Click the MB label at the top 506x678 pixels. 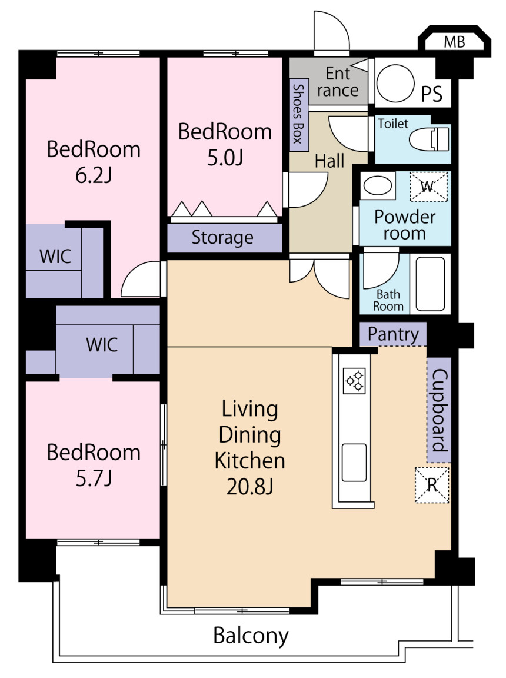pyautogui.click(x=455, y=42)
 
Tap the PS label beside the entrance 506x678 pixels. pyautogui.click(x=432, y=94)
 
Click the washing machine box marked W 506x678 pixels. pyautogui.click(x=428, y=187)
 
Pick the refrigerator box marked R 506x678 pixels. pyautogui.click(x=432, y=485)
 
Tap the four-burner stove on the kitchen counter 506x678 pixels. pyautogui.click(x=354, y=381)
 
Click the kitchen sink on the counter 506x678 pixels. pyautogui.click(x=354, y=462)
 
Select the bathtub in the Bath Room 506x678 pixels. pyautogui.click(x=430, y=284)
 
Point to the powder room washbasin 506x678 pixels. pyautogui.click(x=378, y=186)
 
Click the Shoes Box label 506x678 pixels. pyautogui.click(x=298, y=114)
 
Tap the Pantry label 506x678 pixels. pyautogui.click(x=393, y=334)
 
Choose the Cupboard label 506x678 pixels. pyautogui.click(x=439, y=410)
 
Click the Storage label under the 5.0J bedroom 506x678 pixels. pyautogui.click(x=222, y=237)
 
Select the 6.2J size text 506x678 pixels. pyautogui.click(x=94, y=175)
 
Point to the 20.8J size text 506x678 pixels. pyautogui.click(x=249, y=487)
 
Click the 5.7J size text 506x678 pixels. pyautogui.click(x=94, y=478)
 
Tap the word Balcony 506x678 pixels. pyautogui.click(x=251, y=636)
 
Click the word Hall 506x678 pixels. pyautogui.click(x=329, y=161)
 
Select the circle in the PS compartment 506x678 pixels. pyautogui.click(x=395, y=84)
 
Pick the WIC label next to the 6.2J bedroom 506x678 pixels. pyautogui.click(x=55, y=257)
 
